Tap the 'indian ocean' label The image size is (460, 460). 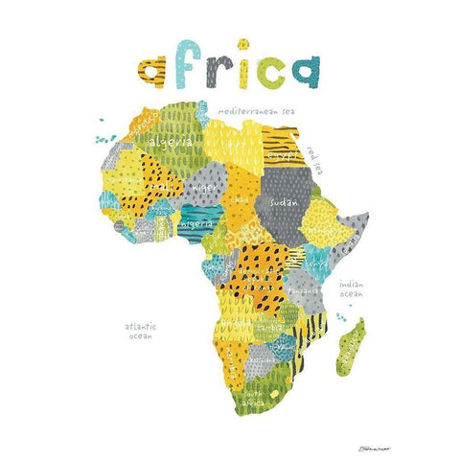[x=349, y=288]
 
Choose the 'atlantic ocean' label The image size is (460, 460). [x=140, y=332]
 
